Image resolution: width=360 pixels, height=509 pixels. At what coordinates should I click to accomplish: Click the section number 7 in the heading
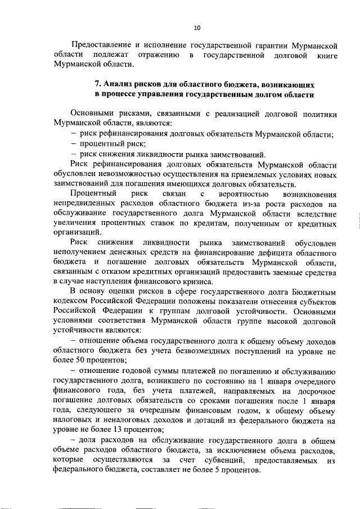tap(97, 84)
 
